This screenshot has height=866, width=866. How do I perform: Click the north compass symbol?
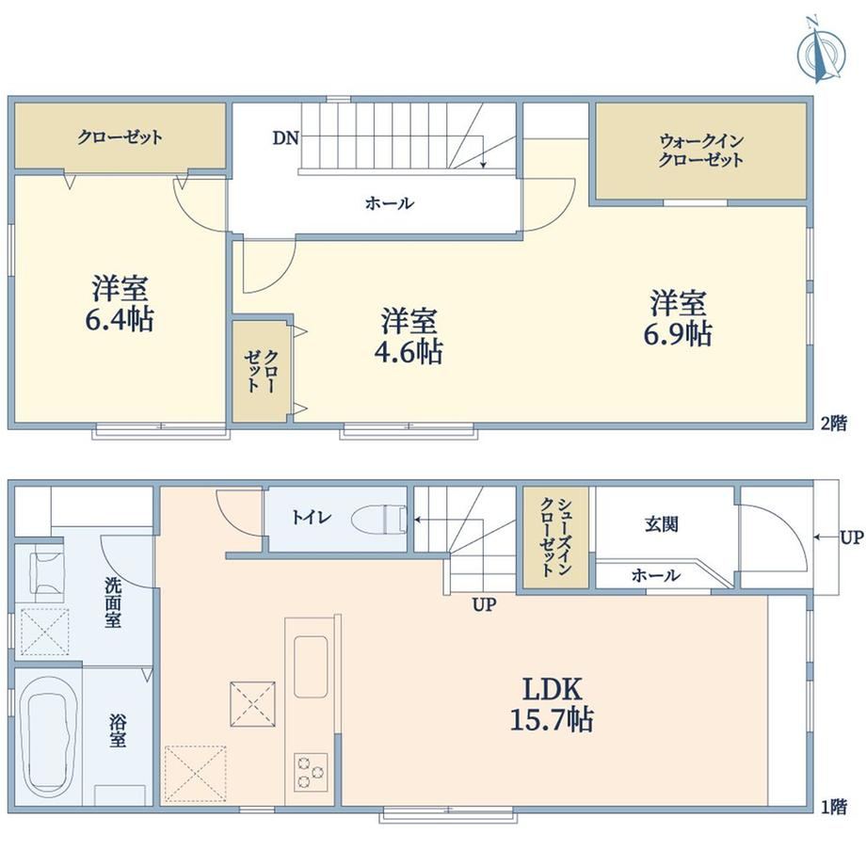(821, 51)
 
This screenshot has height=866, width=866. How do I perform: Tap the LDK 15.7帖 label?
(552, 705)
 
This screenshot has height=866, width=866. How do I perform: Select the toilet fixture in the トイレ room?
(379, 519)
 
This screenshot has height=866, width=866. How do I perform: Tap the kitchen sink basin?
(311, 666)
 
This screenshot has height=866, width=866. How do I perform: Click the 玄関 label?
(662, 523)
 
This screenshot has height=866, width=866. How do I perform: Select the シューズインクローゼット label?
(555, 537)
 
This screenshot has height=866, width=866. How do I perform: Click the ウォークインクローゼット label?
(701, 151)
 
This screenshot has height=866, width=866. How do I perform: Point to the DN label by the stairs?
(285, 137)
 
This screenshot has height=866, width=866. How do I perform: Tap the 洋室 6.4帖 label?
(120, 303)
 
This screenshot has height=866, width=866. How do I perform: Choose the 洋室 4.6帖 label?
(409, 336)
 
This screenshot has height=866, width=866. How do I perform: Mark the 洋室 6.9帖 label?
(678, 318)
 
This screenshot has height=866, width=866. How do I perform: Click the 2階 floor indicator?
(833, 424)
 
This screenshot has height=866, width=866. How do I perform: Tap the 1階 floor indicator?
(833, 808)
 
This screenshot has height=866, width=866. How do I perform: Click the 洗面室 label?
(113, 602)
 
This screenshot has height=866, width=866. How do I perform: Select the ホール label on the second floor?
(389, 203)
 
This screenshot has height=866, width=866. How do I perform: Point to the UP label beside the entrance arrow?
(851, 537)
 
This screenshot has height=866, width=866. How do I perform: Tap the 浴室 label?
(117, 730)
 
